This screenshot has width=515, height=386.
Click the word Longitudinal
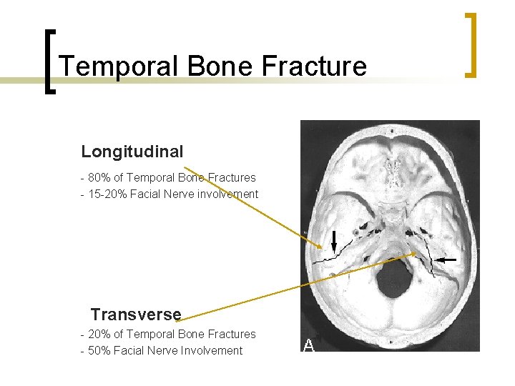click(132, 152)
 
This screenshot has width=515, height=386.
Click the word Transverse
click(136, 315)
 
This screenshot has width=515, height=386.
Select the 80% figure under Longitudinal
click(99, 177)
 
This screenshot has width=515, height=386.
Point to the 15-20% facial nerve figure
click(106, 194)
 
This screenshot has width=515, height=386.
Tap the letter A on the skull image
click(309, 346)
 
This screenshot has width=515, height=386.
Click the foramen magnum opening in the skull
click(391, 281)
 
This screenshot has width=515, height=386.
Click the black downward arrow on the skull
click(333, 242)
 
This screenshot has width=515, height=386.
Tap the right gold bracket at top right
click(471, 44)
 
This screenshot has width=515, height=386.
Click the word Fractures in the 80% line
click(232, 177)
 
